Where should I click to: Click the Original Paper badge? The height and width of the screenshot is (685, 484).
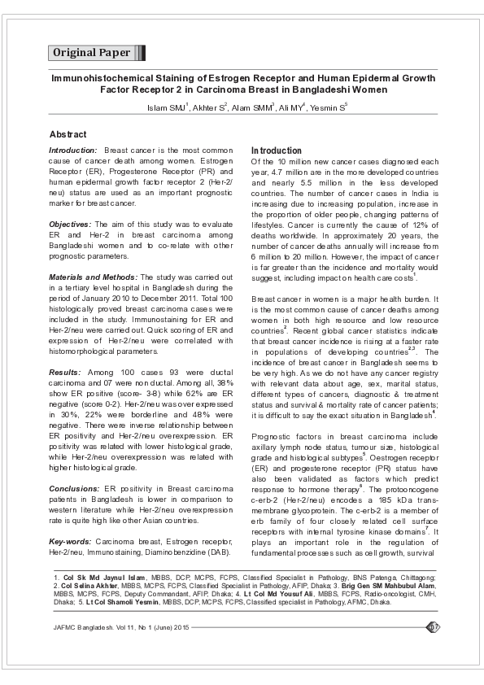click(x=92, y=53)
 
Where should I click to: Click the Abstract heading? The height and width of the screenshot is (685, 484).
click(x=68, y=133)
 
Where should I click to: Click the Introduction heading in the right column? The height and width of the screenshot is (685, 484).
click(x=276, y=151)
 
